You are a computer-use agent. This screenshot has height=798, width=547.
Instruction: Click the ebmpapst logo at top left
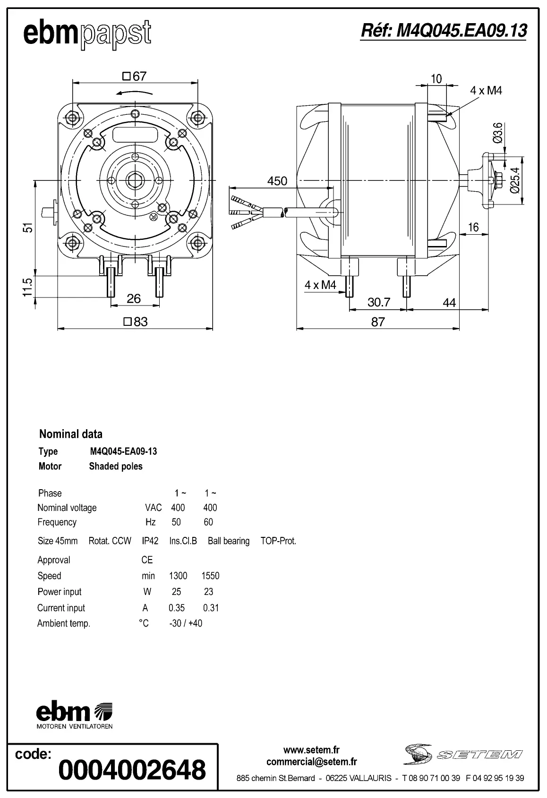tap(87, 34)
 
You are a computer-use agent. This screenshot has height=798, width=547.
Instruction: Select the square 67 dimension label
tap(135, 76)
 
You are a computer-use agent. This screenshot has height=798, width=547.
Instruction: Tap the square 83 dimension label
tap(136, 322)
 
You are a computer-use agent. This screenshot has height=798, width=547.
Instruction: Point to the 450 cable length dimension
tap(277, 181)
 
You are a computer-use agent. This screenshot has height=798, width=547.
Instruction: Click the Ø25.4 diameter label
tap(515, 180)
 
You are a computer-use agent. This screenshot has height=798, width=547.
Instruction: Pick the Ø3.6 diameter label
tap(496, 133)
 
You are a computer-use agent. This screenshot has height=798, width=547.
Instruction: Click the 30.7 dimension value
tap(378, 302)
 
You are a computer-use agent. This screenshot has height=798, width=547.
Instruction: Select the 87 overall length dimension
tap(378, 322)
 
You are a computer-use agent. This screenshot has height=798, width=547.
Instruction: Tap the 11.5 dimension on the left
tap(28, 287)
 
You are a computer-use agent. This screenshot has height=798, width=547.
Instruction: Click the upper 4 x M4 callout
tap(486, 91)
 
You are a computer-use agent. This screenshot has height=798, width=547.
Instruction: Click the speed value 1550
tap(210, 576)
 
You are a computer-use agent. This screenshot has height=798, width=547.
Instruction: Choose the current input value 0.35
tap(177, 608)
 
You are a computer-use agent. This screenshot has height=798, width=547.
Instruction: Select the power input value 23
tap(208, 592)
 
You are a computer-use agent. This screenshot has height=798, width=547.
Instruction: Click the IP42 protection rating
tap(150, 541)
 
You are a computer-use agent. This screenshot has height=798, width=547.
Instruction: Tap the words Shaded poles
tap(116, 467)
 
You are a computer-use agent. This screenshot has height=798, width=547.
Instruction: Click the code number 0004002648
tap(132, 770)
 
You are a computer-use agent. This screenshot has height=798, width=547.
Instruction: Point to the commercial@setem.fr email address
tap(311, 762)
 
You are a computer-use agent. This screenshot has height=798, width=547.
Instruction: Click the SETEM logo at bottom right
tap(462, 755)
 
